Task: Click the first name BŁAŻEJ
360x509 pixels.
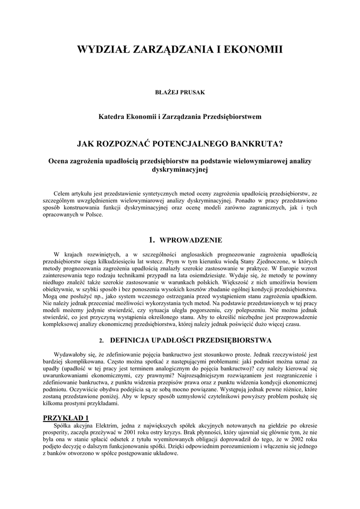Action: coord(167,92)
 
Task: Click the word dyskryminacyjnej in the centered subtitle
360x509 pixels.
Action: coord(180,169)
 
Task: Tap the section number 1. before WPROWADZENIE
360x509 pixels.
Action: coord(153,240)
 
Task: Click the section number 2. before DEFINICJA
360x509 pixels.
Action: coord(101,341)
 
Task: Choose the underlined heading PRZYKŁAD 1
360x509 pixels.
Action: coord(66,418)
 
